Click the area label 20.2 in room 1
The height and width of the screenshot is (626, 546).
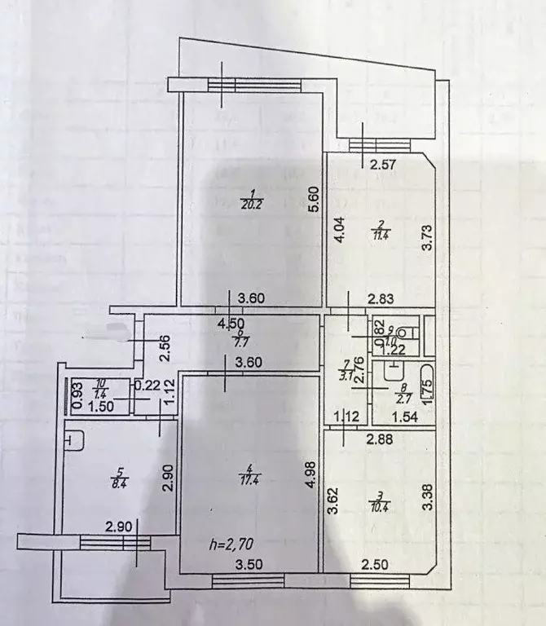[250, 205]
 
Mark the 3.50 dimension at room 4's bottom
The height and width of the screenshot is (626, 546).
[248, 564]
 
